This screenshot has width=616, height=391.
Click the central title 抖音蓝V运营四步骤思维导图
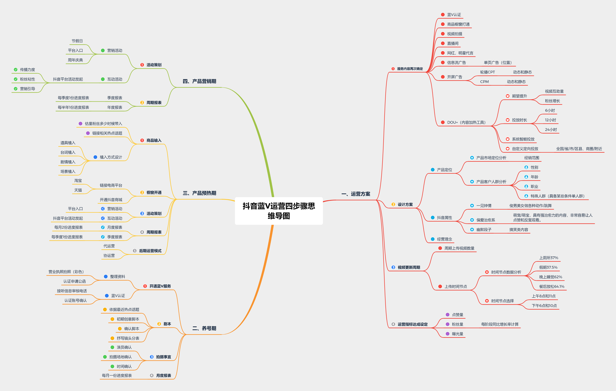[x=279, y=211]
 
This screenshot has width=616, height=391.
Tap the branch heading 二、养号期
[x=204, y=328]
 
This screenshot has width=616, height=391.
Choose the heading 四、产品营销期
[x=199, y=81]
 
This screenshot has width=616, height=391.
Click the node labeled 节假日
[x=77, y=41]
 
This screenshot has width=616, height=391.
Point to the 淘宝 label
[x=78, y=181]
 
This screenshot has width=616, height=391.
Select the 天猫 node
[x=78, y=190]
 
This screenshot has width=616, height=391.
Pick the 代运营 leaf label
[x=109, y=246]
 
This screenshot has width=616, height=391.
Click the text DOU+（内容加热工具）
[x=466, y=122]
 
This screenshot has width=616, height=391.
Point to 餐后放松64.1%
[x=551, y=286]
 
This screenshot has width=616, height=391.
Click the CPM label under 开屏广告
[x=484, y=82]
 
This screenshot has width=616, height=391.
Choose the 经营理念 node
[x=444, y=239]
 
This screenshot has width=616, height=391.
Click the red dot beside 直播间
[x=443, y=43]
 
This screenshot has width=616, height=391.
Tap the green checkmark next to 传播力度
[x=16, y=70]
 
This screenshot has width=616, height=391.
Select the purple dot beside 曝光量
[x=447, y=334]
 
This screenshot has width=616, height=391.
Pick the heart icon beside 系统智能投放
[x=508, y=139]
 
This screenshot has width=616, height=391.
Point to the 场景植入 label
[x=68, y=171]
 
